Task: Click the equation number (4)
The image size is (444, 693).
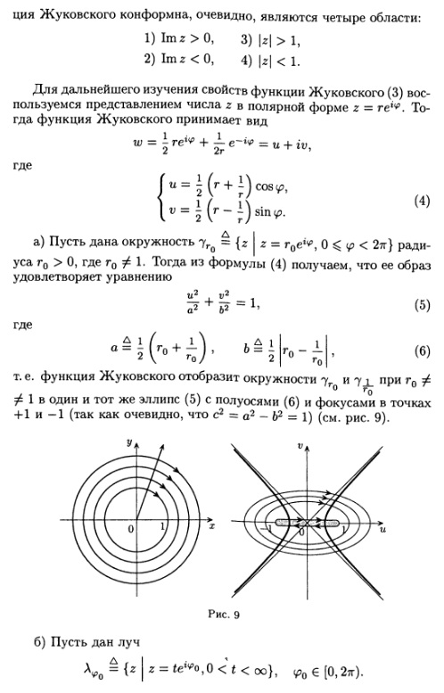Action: pos(422,201)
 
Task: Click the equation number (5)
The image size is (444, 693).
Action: pos(422,305)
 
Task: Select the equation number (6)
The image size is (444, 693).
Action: pos(422,351)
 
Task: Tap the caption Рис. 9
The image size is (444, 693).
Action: pos(224,615)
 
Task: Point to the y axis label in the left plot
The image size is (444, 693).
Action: pos(129,442)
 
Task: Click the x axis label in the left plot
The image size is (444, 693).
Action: pos(212,526)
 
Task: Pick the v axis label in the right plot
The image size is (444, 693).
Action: pos(300,446)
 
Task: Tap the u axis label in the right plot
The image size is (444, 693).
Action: pos(382,529)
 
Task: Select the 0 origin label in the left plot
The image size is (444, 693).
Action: pos(131,529)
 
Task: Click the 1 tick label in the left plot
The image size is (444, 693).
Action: pos(162,526)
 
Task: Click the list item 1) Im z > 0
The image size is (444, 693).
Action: pos(179,39)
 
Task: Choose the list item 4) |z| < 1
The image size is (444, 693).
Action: pos(270,61)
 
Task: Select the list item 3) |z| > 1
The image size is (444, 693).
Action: pos(270,40)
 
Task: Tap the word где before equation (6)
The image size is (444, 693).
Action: pos(22,326)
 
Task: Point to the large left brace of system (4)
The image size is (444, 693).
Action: pos(162,198)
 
